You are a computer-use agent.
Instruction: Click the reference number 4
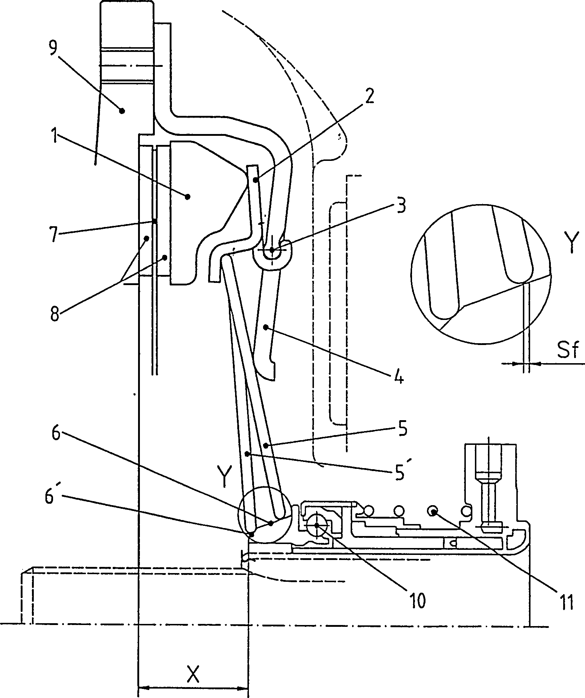(399, 378)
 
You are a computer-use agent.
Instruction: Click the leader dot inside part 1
(187, 197)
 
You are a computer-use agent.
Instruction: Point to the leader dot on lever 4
(266, 328)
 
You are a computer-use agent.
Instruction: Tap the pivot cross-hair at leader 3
(272, 250)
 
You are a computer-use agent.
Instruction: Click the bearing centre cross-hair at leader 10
(317, 525)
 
